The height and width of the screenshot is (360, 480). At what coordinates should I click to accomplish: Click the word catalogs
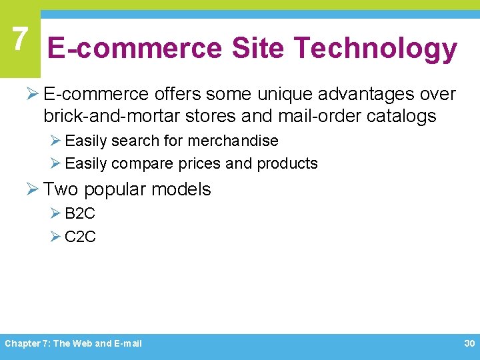pyautogui.click(x=403, y=116)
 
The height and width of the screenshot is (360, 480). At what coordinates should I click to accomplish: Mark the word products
pyautogui.click(x=287, y=163)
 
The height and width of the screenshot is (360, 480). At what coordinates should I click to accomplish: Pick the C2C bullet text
pyautogui.click(x=80, y=237)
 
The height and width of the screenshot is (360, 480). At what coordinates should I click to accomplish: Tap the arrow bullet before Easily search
pyautogui.click(x=55, y=141)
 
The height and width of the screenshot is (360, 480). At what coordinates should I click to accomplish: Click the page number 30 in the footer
pyautogui.click(x=469, y=343)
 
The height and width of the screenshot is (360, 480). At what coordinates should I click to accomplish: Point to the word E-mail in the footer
pyautogui.click(x=129, y=344)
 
